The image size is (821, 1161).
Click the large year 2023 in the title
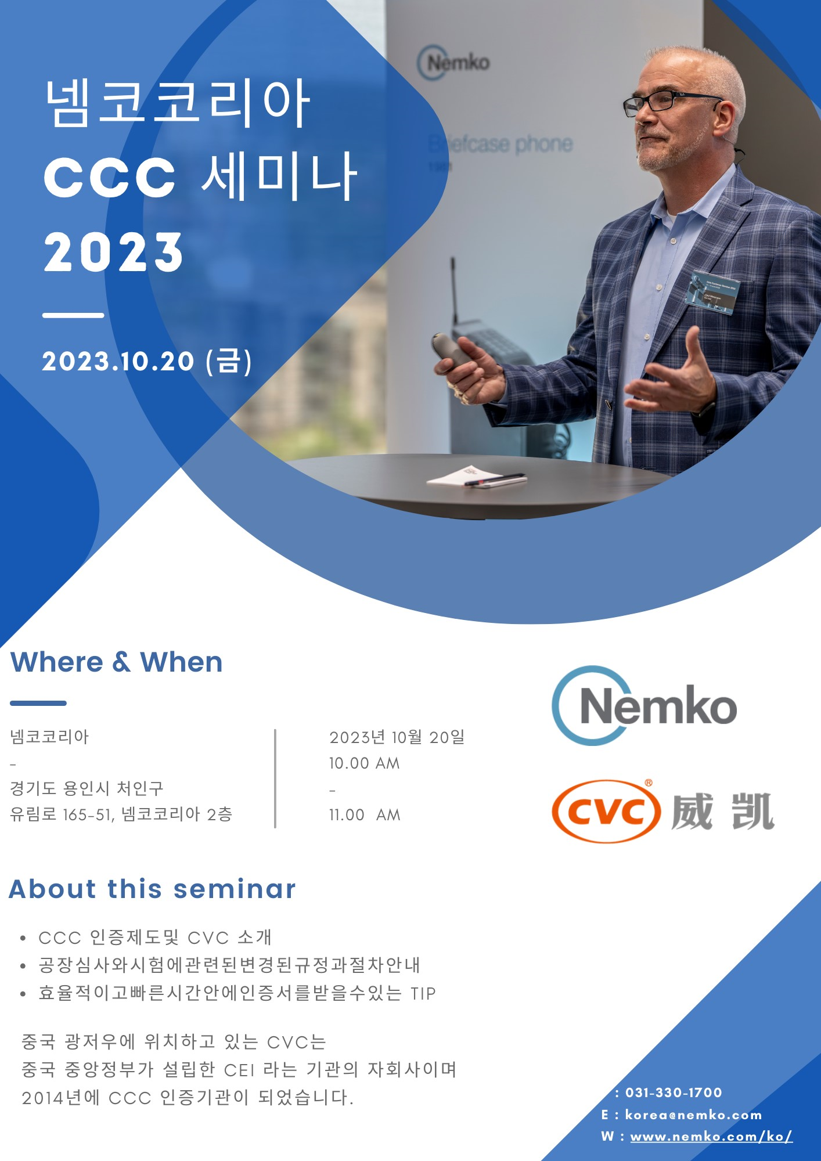point(113,252)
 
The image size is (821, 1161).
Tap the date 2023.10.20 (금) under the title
point(147,361)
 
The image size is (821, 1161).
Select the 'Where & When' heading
point(117,662)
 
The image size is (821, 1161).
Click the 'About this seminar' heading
point(152,889)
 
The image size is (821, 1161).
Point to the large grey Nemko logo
point(644,705)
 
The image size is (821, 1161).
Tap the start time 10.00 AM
point(365,763)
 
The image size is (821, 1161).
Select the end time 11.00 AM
point(365,815)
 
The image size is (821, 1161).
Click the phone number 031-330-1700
point(674,1093)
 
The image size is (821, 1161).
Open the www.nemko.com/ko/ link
point(711,1137)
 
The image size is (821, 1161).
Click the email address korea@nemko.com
point(693,1115)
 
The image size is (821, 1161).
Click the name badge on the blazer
point(712,292)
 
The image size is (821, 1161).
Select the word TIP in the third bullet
point(423,993)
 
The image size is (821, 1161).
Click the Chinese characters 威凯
point(723,812)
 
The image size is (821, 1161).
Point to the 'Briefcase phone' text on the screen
point(500,144)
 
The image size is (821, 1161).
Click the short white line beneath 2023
point(73,315)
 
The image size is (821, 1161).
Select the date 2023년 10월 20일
point(397,737)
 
